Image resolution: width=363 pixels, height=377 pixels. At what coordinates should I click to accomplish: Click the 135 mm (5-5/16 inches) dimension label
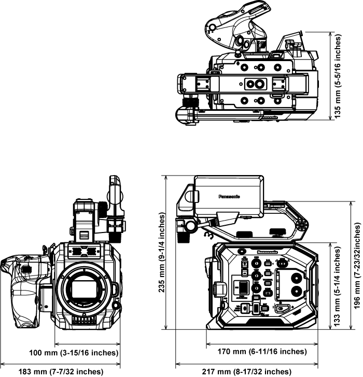pyautogui.click(x=338, y=76)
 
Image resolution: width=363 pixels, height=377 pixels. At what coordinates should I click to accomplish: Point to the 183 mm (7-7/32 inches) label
pyautogui.click(x=61, y=371)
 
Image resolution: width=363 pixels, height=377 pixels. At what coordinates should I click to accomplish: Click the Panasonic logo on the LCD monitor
pyautogui.click(x=230, y=196)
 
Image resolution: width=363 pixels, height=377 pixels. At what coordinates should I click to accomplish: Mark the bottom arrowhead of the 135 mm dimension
pyautogui.click(x=332, y=118)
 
